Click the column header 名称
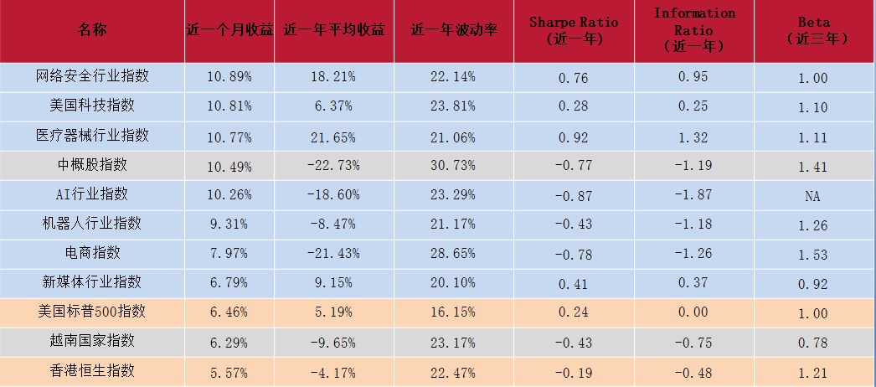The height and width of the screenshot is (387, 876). click(x=92, y=30)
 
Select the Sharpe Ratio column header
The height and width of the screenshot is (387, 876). click(x=574, y=31)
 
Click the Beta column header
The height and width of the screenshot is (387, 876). click(x=814, y=30)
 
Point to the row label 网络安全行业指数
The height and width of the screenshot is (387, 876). click(x=92, y=76)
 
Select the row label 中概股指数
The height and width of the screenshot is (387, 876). click(x=92, y=165)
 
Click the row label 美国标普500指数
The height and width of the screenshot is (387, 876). click(x=92, y=311)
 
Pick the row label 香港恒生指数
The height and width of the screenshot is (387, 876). click(x=92, y=370)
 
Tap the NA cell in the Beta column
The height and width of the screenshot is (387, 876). click(x=813, y=196)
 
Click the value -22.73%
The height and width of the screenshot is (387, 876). click(x=333, y=165)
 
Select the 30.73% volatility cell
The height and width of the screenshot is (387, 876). click(x=452, y=165)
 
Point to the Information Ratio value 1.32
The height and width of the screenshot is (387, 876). click(x=693, y=137)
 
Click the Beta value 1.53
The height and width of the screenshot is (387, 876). click(x=813, y=255)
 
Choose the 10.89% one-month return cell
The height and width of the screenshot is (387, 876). click(x=229, y=76)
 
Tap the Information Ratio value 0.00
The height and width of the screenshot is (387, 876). click(x=693, y=312)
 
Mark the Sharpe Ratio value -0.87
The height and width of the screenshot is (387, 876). click(x=573, y=196)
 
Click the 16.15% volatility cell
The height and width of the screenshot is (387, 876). click(x=452, y=312)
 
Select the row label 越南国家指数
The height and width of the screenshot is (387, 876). click(x=92, y=340)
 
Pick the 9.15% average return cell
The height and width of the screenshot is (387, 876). click(x=333, y=283)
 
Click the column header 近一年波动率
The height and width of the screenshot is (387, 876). click(x=454, y=30)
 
